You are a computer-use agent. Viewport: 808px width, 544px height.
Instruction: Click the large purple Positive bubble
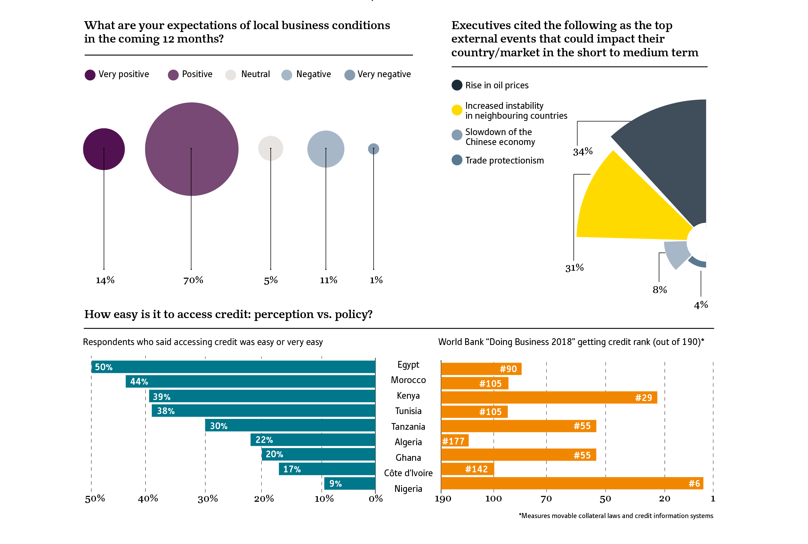coord(191,149)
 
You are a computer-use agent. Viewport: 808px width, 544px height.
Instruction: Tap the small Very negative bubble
coord(374,149)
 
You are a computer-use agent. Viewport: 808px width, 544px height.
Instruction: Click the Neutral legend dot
coord(230,75)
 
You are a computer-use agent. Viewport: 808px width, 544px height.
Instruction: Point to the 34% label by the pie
coord(583,152)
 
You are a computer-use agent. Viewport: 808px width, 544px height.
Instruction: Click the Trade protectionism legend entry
coord(504,160)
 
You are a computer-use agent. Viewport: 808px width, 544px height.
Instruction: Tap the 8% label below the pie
coord(659,290)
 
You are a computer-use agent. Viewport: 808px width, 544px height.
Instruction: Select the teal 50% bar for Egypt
coord(233,367)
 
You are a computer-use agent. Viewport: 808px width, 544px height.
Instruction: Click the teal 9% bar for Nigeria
coord(350,483)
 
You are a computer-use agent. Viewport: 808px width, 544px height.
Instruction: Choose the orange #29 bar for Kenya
coord(549,397)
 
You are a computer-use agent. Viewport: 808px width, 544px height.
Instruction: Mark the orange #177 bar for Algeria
coord(455,441)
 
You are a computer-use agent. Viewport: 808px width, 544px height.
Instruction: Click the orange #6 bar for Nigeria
coord(572,483)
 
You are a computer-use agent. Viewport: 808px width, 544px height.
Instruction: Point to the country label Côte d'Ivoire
coord(408,473)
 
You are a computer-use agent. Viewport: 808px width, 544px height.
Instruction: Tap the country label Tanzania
coord(408,426)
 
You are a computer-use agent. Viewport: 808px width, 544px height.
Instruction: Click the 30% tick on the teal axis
coord(207,499)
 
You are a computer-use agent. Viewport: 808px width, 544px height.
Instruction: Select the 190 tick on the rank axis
coord(443,499)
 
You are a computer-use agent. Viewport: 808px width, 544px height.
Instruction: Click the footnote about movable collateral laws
coord(616,516)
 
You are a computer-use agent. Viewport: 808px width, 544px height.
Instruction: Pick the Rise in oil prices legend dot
coord(457,85)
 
